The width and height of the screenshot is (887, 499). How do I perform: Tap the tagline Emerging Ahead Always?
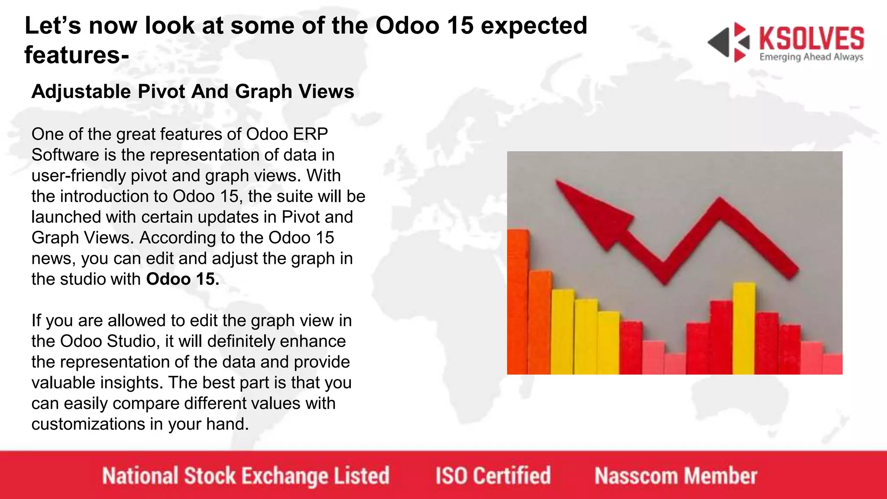click(x=811, y=57)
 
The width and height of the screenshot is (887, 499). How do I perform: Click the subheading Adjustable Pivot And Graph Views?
click(x=193, y=91)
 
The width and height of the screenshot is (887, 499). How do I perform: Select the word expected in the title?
click(x=534, y=25)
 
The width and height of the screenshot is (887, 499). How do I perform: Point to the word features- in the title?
click(x=77, y=55)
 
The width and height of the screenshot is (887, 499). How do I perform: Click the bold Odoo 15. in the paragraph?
click(x=182, y=279)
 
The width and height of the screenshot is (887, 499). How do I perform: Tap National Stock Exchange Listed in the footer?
click(x=246, y=476)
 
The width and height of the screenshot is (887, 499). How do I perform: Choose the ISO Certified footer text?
click(x=493, y=476)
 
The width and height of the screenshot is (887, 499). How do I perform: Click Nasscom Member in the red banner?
click(x=676, y=476)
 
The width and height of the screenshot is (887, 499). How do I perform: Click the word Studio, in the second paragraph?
click(x=134, y=341)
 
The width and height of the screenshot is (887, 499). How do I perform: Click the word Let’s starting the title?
click(x=53, y=25)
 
